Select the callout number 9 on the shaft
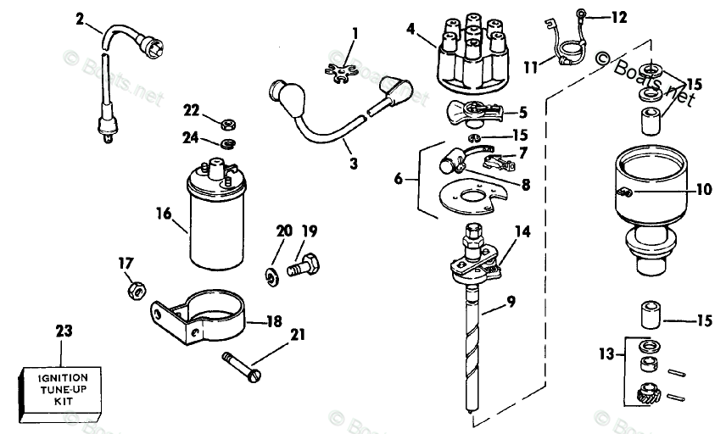(509, 301)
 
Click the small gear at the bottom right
(648, 394)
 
